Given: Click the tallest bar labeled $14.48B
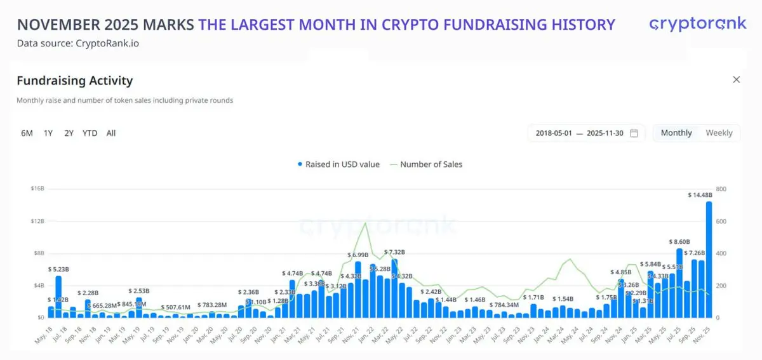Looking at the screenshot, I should [x=709, y=260].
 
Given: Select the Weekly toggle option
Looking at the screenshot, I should [x=719, y=133].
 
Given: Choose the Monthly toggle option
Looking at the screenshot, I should [x=676, y=133].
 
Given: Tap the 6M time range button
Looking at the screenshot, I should [x=27, y=133].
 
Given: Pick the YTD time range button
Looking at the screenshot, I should [x=90, y=133].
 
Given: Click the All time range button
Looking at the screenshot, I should [x=111, y=133].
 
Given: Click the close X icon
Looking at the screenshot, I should [x=737, y=79].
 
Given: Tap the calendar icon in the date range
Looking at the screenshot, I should [x=634, y=133].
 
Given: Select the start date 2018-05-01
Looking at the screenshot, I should [x=554, y=133].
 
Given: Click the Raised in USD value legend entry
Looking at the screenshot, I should [x=339, y=164].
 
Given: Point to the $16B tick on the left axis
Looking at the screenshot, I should [x=36, y=189].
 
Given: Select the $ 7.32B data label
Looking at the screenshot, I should [x=395, y=252].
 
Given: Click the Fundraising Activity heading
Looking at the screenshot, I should [x=74, y=81].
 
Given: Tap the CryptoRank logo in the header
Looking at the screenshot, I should [x=697, y=24].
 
